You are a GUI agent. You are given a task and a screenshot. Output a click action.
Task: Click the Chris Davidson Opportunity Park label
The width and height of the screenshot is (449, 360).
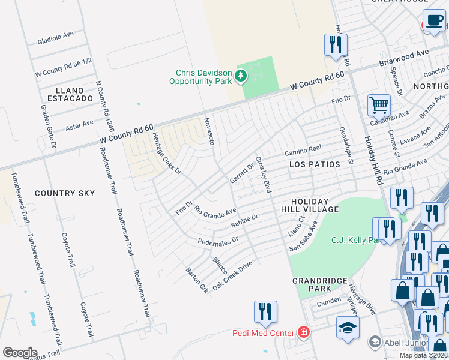click(x=200, y=77)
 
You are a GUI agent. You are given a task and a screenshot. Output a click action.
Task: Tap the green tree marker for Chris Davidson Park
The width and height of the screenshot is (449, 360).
click(x=241, y=76)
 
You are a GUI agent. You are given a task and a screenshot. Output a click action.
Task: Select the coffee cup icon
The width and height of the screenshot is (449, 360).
click(x=434, y=21)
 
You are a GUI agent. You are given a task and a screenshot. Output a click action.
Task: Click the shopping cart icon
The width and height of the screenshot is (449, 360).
click(x=379, y=106)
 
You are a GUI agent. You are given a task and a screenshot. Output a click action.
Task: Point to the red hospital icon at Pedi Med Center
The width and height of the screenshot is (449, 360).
click(x=304, y=332)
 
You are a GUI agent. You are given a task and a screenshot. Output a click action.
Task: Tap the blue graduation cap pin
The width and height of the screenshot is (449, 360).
click(x=348, y=328)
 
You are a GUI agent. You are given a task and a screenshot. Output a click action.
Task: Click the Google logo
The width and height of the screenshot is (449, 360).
click(x=20, y=353)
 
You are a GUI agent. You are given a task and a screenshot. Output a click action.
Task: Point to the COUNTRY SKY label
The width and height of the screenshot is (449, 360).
click(x=65, y=193)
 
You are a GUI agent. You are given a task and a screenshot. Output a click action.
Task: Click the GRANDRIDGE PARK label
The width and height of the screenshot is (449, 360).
click(x=320, y=284)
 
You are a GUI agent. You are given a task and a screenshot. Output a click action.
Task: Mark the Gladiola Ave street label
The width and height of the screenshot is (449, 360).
click(x=55, y=38)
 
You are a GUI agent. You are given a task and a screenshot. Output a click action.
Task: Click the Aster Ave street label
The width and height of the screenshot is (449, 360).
click(x=79, y=125)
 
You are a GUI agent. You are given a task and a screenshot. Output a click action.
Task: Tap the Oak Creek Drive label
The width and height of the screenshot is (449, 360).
click(x=232, y=276)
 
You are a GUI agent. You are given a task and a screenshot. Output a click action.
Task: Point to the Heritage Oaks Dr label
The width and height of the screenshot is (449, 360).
click(x=166, y=154)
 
